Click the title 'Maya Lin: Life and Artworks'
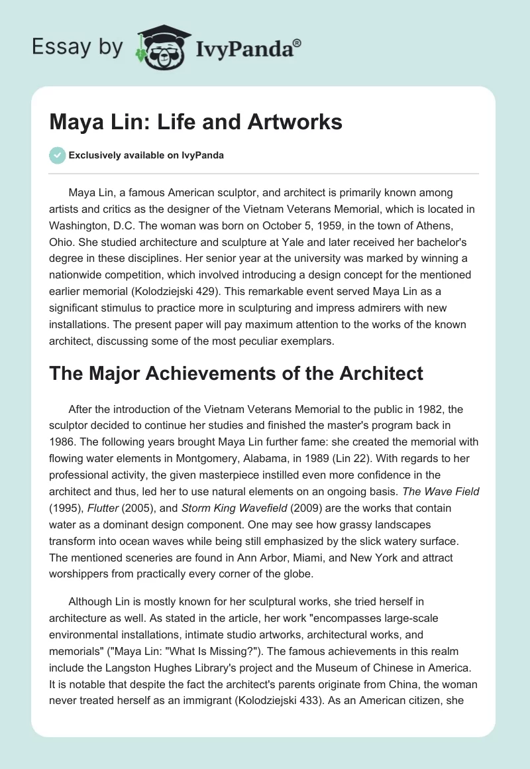(x=196, y=122)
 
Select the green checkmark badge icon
(x=57, y=155)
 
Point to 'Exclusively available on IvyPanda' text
(x=146, y=155)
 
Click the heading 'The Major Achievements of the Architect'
(x=237, y=373)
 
